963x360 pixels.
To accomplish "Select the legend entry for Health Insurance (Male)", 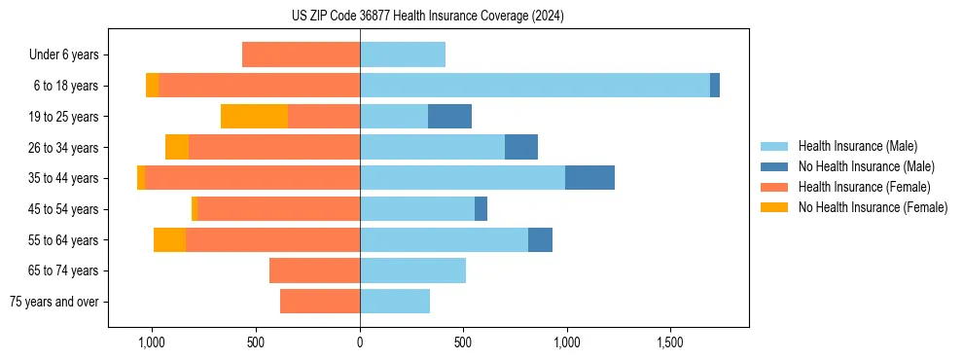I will tap(856, 146).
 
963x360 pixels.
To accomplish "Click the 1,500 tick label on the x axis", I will tap(670, 342).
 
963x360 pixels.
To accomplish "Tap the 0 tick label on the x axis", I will tap(360, 342).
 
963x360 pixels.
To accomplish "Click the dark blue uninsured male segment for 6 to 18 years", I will tap(715, 86).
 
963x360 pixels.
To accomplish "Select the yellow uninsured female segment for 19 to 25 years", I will tap(254, 117).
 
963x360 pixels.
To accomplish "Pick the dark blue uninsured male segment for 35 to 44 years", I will tap(589, 178).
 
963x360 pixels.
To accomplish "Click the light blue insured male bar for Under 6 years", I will tap(403, 54).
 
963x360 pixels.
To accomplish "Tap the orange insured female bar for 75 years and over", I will tap(320, 302).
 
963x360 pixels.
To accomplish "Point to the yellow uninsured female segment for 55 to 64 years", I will tap(169, 239).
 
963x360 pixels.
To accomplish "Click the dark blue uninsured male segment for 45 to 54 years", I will tap(481, 209).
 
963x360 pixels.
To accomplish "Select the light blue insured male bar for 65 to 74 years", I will tap(412, 270).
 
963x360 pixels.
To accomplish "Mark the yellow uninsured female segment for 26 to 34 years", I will tap(177, 147).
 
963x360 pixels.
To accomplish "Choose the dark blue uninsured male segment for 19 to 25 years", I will tap(449, 117).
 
